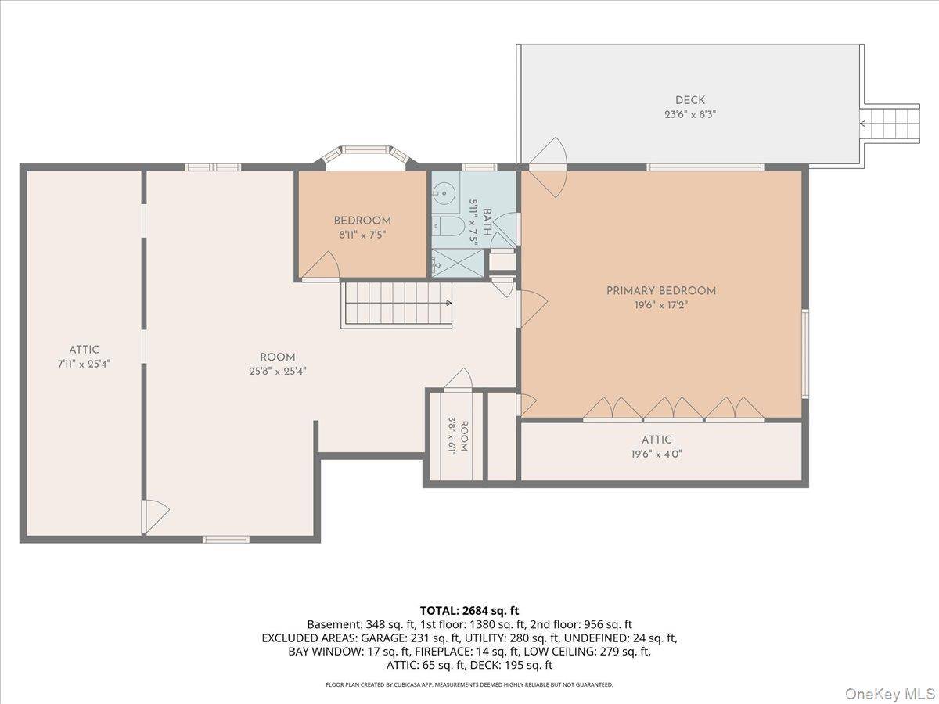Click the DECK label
pos(689,100)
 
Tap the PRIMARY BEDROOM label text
pos(661,291)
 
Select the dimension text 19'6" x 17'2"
pos(661,305)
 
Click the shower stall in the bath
pos(457,263)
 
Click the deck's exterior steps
pos(890,123)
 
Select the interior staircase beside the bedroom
pos(397,305)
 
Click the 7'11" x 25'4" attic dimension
pos(85,364)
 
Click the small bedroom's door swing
pos(321,266)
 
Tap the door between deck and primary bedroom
pos(548,167)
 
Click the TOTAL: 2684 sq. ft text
pos(469,610)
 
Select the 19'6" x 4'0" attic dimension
pos(657,454)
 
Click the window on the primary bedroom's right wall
pos(805,354)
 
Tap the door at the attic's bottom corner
pos(156,516)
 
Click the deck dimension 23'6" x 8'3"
pos(690,114)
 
